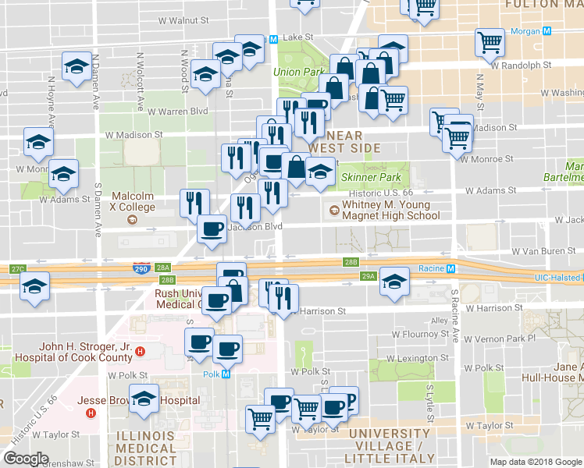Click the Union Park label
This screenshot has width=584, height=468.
[x=298, y=73]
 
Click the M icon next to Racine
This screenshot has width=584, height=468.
[x=450, y=268]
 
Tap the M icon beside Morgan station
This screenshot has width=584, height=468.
[x=547, y=32]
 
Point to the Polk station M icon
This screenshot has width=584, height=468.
[x=226, y=374]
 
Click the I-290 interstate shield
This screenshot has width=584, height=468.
[x=141, y=268]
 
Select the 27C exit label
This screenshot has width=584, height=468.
[x=18, y=269]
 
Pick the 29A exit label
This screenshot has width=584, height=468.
[x=369, y=276]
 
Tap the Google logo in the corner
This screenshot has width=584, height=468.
[x=26, y=459]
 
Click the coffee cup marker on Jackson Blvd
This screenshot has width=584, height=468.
[x=212, y=229]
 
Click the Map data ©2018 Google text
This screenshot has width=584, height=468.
[x=536, y=462]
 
